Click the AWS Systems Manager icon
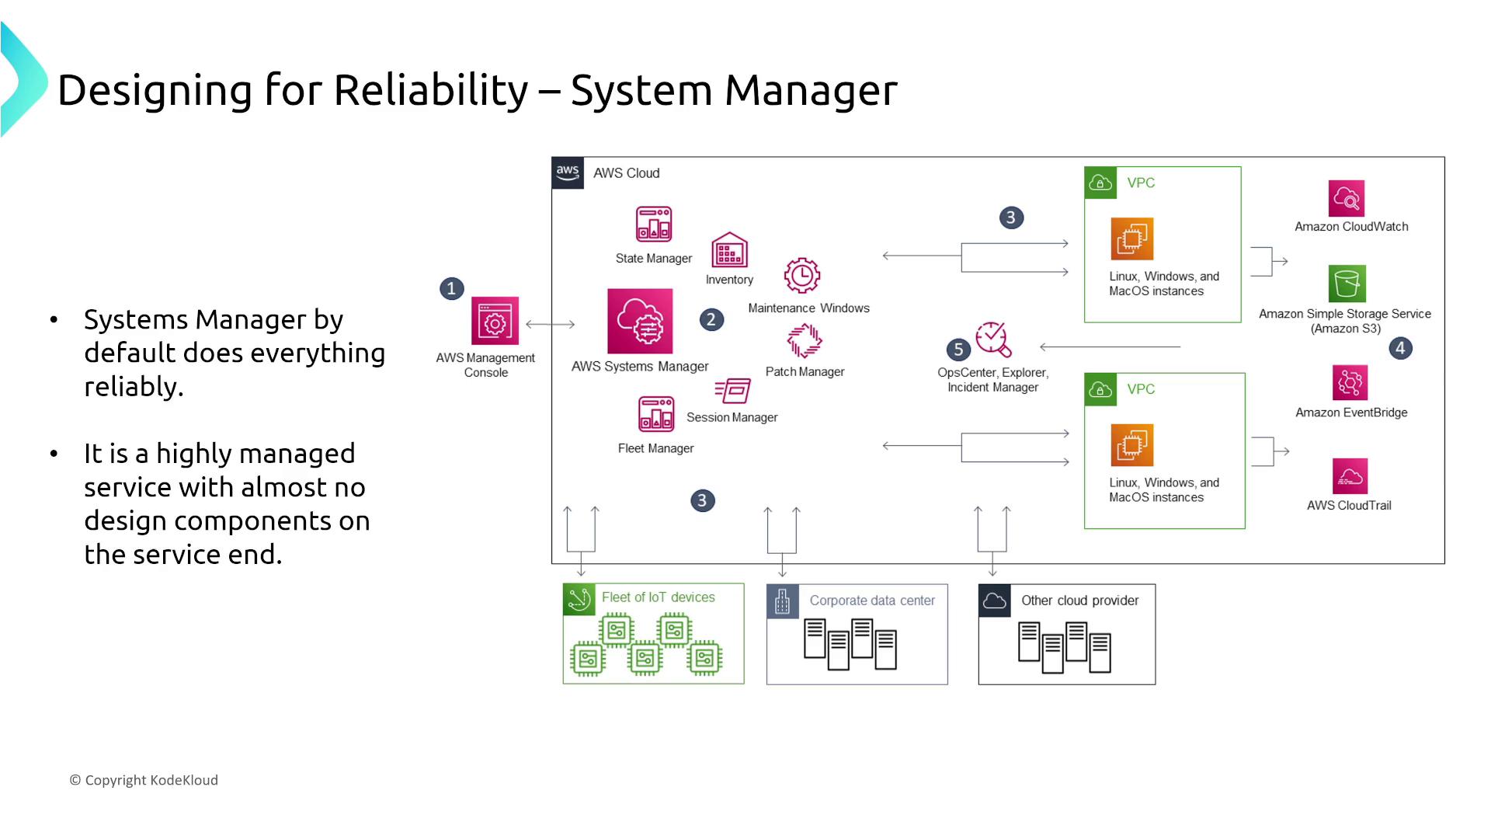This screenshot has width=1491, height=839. point(640,322)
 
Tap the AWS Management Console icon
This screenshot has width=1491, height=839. point(495,321)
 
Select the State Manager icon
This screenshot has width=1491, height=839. point(654,225)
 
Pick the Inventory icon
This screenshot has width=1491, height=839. point(729,250)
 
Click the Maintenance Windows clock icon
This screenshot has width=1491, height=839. point(802,276)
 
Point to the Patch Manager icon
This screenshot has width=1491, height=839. point(805,340)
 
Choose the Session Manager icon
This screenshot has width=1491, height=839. point(732,391)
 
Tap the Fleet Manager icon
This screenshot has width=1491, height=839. point(656,414)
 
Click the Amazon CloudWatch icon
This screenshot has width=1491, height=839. point(1347,199)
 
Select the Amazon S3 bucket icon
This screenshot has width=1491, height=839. point(1347,284)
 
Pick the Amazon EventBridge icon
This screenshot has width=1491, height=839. point(1350,383)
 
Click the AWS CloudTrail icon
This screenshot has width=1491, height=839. point(1350,476)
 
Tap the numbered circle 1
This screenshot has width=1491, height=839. point(452,289)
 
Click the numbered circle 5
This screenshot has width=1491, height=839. point(958,350)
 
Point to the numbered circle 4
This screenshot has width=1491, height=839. point(1400,348)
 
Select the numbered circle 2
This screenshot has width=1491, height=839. point(711,320)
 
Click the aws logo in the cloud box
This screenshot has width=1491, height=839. point(568,172)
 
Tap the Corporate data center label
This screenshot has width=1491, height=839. point(872,601)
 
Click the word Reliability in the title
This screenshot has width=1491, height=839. point(431,90)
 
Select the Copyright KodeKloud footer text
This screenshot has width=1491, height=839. point(144,780)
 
